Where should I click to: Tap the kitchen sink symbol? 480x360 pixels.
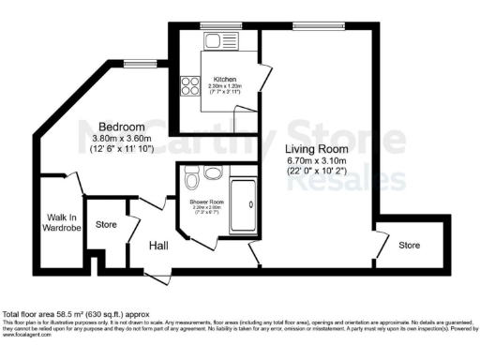215,42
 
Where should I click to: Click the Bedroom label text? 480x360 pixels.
122,127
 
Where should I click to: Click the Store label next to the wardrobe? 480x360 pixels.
106,225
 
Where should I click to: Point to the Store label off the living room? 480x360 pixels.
409,246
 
